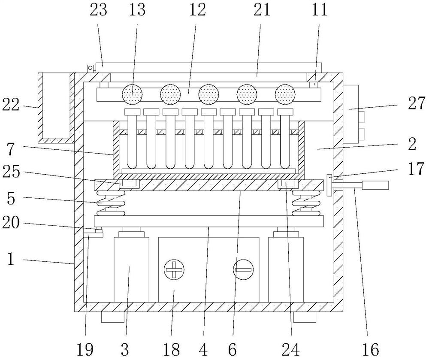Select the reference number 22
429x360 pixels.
[12, 104]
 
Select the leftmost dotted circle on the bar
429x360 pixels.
[133, 94]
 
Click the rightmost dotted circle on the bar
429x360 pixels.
[286, 94]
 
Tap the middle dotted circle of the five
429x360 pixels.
[209, 94]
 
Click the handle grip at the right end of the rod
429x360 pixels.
[376, 185]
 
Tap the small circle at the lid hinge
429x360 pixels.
[91, 68]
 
